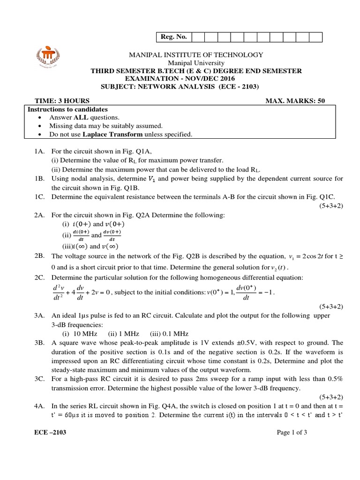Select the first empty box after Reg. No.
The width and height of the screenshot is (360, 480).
tap(197, 37)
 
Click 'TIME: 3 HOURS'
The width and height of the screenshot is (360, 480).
tap(62, 100)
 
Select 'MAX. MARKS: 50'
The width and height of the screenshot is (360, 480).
tap(295, 100)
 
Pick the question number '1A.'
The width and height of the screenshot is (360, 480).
tap(39, 151)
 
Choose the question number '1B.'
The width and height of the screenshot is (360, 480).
tap(39, 179)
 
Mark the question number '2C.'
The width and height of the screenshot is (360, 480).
tap(39, 265)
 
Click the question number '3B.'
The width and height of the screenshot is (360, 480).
tap(39, 343)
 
